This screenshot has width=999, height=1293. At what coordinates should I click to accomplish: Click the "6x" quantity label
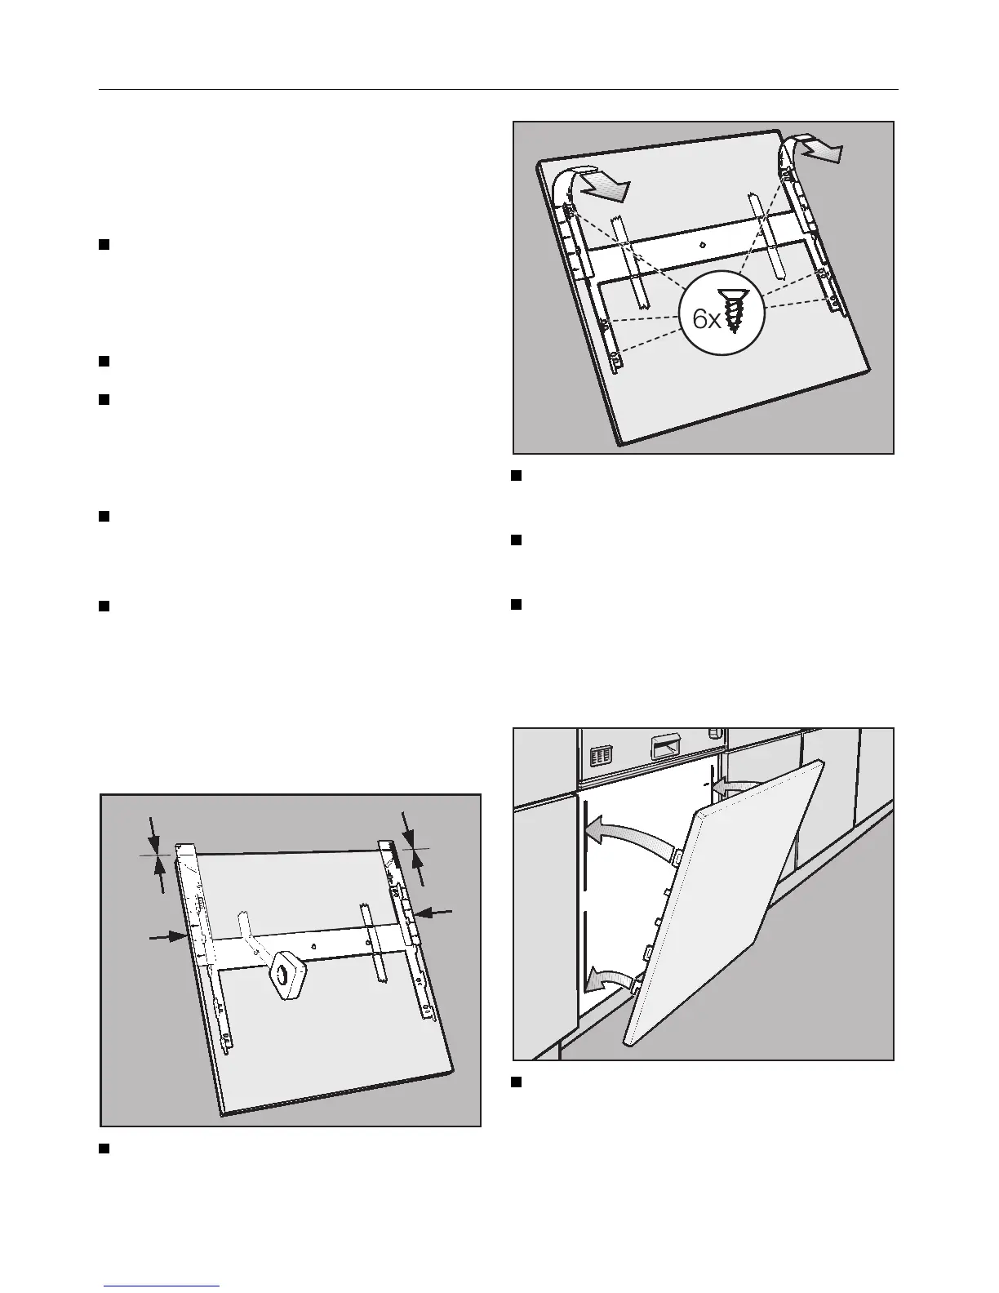click(707, 319)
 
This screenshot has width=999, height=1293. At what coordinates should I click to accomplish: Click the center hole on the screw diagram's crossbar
click(704, 243)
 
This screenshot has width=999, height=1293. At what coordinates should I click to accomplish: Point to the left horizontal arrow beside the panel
click(167, 938)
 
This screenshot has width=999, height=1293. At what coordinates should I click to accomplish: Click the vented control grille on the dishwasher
click(601, 755)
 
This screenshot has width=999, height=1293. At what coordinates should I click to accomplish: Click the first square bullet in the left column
click(104, 245)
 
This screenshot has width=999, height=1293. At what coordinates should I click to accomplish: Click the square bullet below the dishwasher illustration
click(516, 1082)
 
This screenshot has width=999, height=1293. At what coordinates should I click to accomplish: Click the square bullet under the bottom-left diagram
click(104, 1149)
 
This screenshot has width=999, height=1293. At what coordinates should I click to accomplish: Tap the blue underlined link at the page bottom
click(162, 1285)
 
